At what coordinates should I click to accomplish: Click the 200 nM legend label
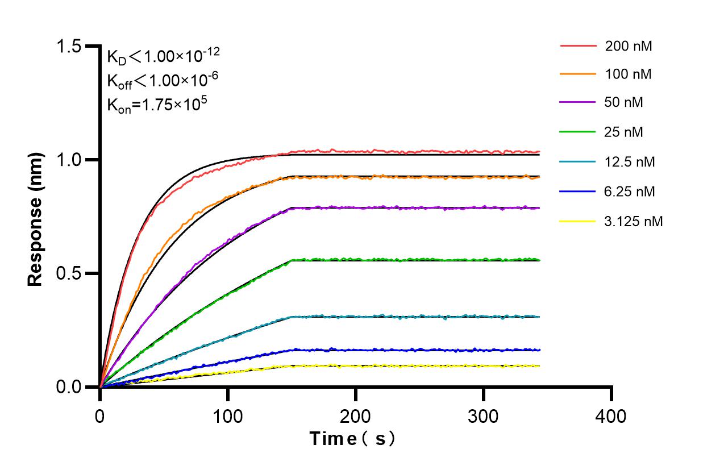tap(629, 47)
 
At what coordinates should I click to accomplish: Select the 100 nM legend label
tap(629, 74)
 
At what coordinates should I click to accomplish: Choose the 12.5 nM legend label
tap(630, 162)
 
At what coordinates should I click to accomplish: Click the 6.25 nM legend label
tap(630, 192)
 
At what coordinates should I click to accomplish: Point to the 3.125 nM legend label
tap(634, 221)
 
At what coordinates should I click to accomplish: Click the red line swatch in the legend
tap(578, 45)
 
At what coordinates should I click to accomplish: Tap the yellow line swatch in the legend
tap(578, 221)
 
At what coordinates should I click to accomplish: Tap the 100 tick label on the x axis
tap(228, 417)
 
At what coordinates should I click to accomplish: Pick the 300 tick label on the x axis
tap(484, 417)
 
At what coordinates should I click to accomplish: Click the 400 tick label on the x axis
tap(611, 417)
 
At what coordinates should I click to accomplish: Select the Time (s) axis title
tap(352, 439)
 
